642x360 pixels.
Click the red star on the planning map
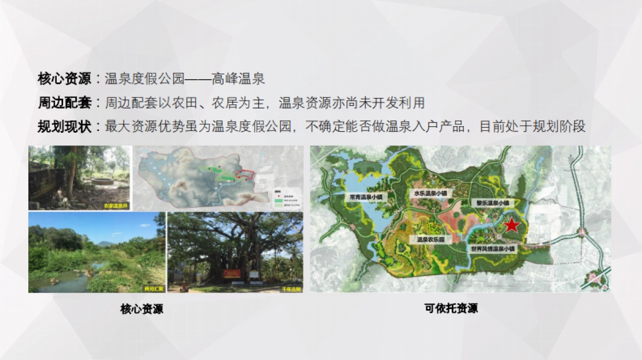(x=512, y=225)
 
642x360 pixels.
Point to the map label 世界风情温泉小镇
(x=493, y=249)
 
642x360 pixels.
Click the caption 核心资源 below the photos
(x=142, y=309)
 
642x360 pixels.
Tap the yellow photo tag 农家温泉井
(x=117, y=205)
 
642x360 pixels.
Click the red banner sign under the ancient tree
(x=233, y=274)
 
